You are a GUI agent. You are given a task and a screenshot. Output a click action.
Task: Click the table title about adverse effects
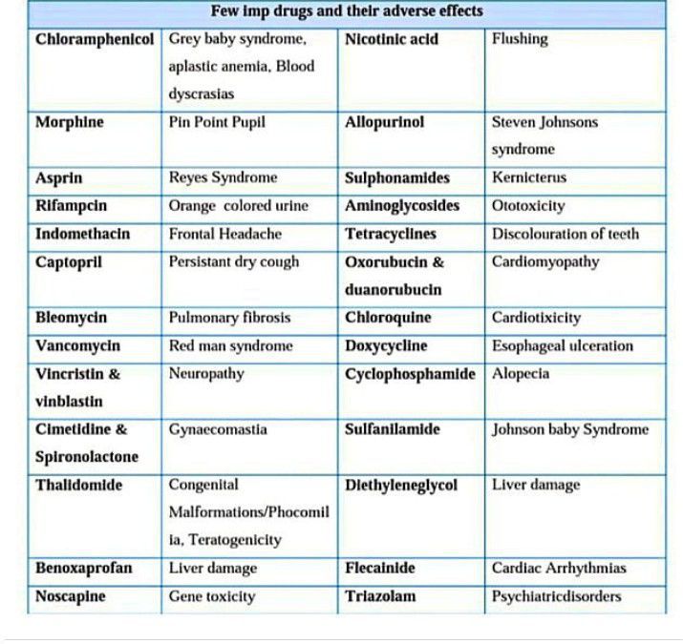click(346, 12)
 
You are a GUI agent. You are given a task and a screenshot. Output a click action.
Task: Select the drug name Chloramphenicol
click(94, 39)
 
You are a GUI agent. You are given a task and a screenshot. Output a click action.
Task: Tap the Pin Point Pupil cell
click(217, 122)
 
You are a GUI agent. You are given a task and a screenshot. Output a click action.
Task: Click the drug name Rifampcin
click(71, 205)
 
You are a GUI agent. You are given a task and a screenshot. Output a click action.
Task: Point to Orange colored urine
click(239, 205)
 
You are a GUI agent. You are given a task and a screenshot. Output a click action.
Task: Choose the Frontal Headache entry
click(224, 234)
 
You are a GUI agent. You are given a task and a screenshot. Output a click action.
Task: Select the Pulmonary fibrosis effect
click(229, 318)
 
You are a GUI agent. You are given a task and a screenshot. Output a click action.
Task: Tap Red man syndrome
click(230, 345)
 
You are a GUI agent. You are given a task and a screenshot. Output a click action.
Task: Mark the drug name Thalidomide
click(78, 485)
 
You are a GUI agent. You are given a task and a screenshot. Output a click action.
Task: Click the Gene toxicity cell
click(212, 596)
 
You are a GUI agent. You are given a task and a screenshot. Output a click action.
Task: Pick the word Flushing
click(520, 39)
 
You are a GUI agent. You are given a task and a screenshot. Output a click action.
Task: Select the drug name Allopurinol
click(384, 122)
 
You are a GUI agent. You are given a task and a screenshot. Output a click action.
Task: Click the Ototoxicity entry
click(528, 205)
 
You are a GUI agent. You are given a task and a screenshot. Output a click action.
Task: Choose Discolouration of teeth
click(566, 234)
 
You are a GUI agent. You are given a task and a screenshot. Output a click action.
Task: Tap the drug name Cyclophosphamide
click(410, 373)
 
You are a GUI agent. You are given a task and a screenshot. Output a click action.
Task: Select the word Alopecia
click(521, 373)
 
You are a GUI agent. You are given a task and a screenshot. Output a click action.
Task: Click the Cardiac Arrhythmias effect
click(559, 568)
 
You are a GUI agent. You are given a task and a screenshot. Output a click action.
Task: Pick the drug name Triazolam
click(380, 596)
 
